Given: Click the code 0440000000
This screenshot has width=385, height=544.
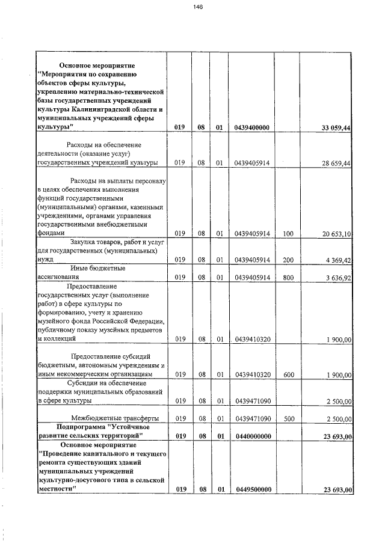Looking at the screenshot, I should point(252,435).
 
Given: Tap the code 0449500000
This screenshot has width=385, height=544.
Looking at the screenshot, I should point(252,490).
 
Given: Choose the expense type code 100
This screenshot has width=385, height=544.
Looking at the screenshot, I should point(288,233).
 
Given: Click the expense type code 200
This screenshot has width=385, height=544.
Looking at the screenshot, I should point(288,260).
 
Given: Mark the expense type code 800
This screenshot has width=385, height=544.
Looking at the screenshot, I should point(288,278).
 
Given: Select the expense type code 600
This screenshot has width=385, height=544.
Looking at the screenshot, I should point(288,374).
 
